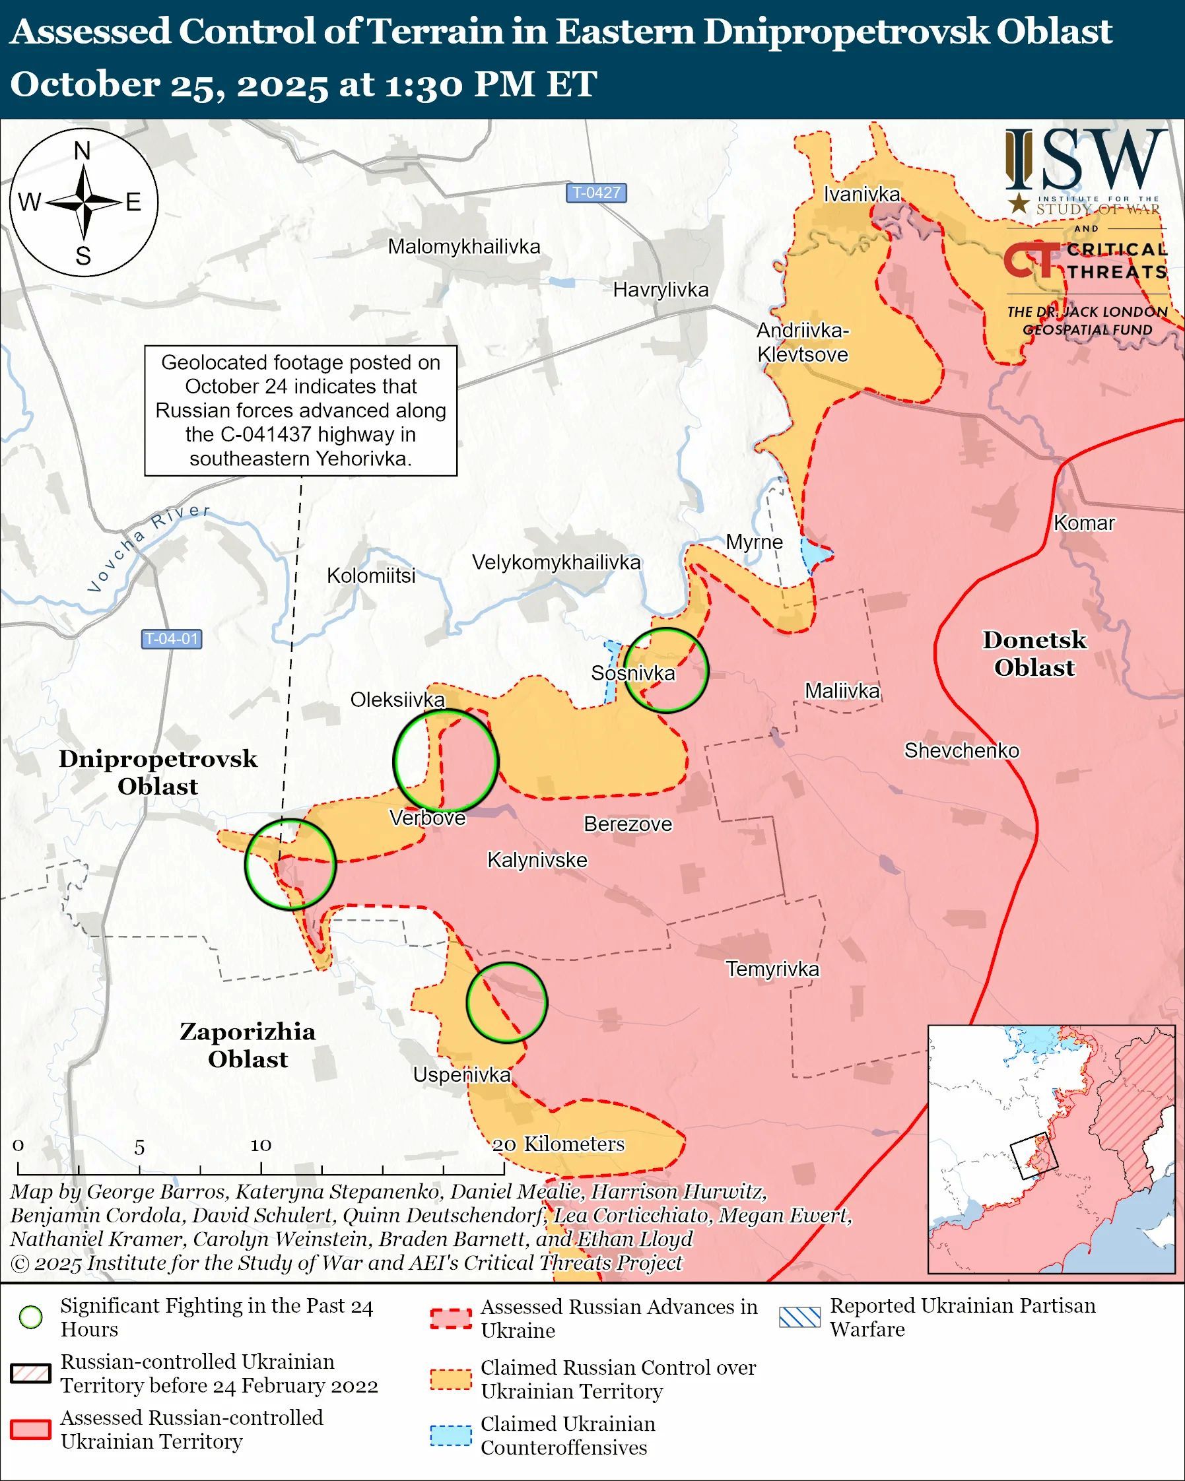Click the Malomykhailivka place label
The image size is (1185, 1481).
pos(463,247)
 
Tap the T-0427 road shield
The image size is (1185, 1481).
pos(596,192)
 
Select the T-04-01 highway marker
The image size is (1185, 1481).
pos(172,639)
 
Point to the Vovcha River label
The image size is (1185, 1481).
pos(148,548)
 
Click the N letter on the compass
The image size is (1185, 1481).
pos(83,151)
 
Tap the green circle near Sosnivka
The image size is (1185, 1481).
pos(665,670)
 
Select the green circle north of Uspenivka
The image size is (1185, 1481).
pos(506,1003)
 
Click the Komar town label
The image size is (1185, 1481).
pos(1084,523)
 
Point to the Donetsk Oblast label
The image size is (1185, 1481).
pos(1034,653)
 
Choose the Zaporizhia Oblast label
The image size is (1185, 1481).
pos(248,1045)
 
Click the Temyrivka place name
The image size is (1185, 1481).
pos(772,970)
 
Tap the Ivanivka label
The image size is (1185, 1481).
pos(862,195)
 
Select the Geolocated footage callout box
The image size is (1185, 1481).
pos(300,410)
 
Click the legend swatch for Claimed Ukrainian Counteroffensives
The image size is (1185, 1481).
pos(451,1436)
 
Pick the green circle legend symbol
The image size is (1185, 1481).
pos(31,1317)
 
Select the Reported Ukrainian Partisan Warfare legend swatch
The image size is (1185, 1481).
pos(799,1317)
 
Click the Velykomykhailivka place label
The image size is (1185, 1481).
pos(556,562)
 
